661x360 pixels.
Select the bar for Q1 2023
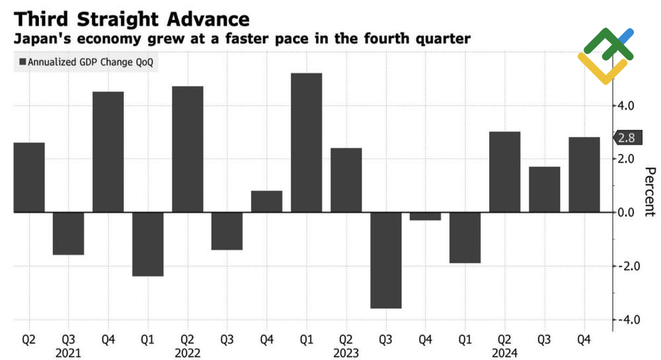click(306, 143)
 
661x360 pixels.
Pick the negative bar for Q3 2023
click(386, 260)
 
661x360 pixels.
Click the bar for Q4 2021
click(108, 152)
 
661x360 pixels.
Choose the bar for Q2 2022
click(187, 149)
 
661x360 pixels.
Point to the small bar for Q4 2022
click(266, 201)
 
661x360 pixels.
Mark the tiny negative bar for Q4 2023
click(426, 217)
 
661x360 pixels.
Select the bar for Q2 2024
click(505, 172)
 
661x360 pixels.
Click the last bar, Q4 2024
click(584, 174)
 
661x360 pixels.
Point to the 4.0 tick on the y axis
click(625, 106)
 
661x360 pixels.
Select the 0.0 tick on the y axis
click(625, 213)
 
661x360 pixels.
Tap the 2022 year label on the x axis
click(187, 353)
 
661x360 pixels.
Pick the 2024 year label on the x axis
click(505, 353)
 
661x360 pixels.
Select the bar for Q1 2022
click(147, 244)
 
